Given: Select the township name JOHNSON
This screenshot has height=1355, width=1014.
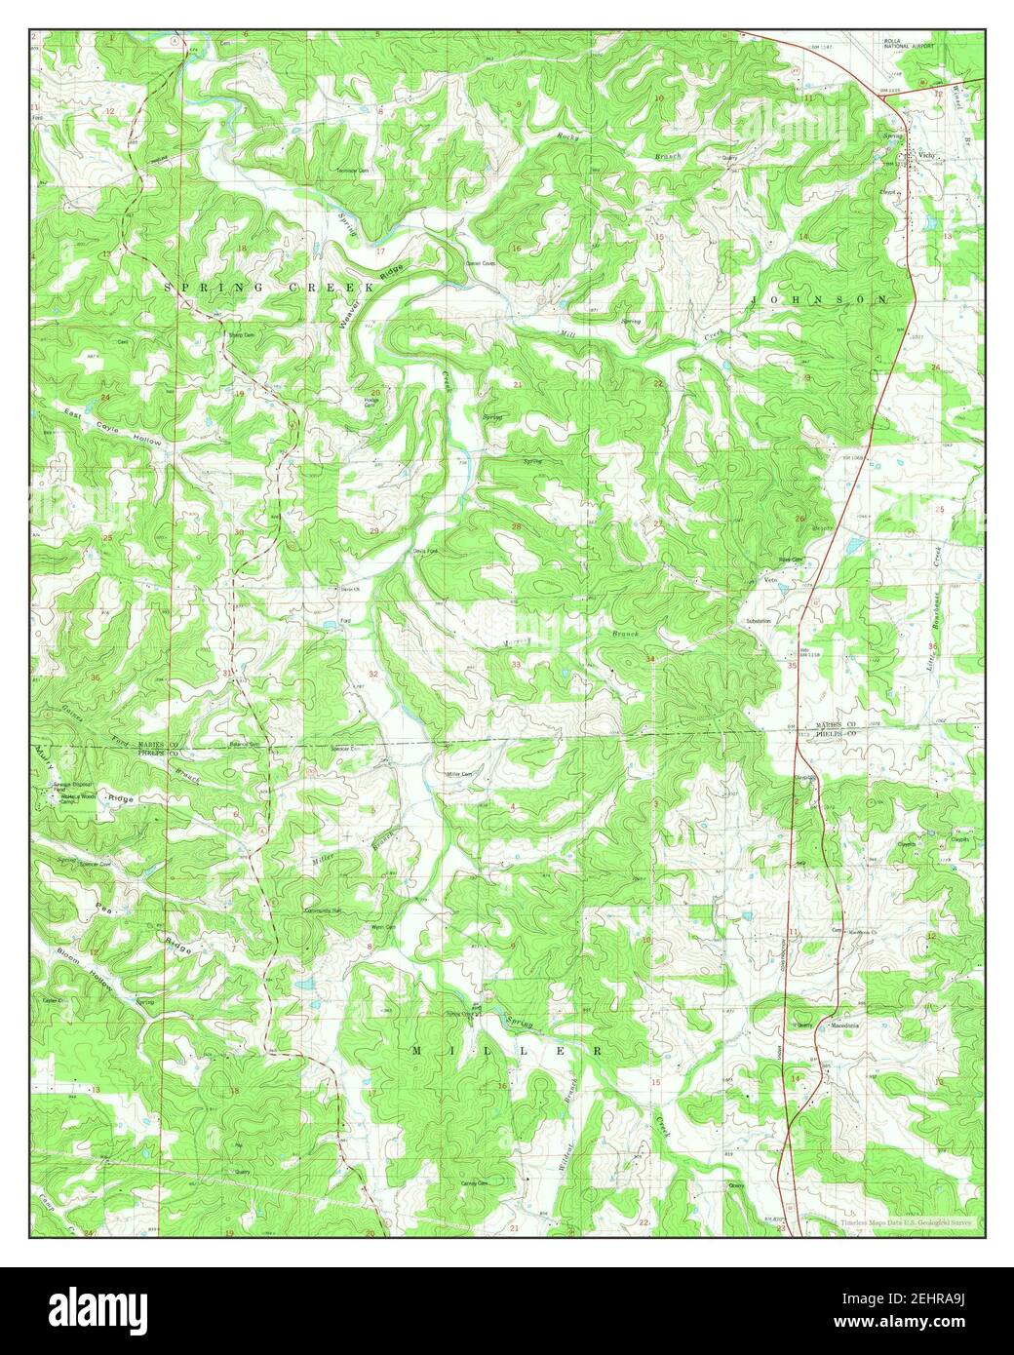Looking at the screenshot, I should coord(819,300).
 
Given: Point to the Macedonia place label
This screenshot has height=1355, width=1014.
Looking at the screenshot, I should coord(845,1026).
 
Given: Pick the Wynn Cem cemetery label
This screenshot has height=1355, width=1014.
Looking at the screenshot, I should coord(382,927).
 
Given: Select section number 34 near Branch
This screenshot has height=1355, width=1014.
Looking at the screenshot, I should coord(649,661).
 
